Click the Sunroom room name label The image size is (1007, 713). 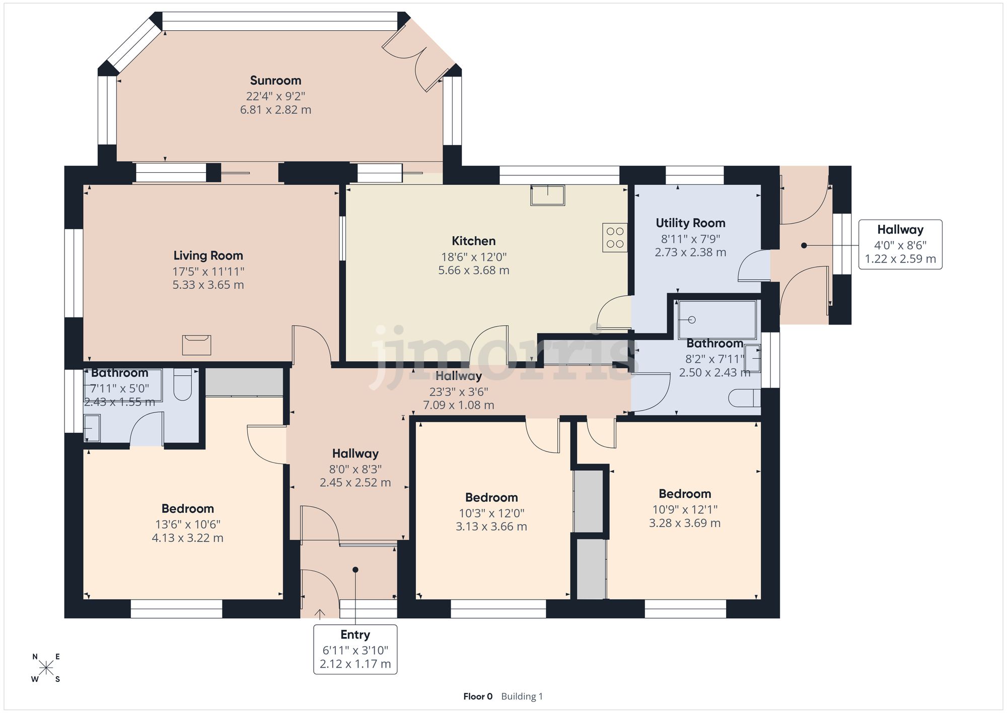click(275, 81)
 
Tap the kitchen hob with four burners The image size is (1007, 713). click(615, 237)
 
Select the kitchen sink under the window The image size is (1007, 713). click(547, 195)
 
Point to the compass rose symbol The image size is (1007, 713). click(46, 668)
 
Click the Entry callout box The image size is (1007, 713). click(355, 649)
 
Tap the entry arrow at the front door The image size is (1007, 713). click(319, 613)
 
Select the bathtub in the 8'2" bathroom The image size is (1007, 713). click(717, 319)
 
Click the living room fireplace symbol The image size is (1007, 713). click(196, 345)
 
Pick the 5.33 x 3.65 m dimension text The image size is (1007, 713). click(208, 285)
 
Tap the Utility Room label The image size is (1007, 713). click(690, 223)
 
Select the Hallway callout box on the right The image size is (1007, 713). click(900, 244)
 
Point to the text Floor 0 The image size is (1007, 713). click(477, 696)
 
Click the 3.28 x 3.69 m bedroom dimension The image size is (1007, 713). click(684, 523)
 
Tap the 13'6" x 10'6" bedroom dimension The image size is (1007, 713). click(187, 524)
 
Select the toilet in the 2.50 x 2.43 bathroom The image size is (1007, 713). click(744, 398)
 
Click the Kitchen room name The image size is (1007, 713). click(473, 241)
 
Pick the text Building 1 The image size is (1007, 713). click(522, 696)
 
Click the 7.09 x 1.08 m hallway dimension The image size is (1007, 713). click(458, 405)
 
